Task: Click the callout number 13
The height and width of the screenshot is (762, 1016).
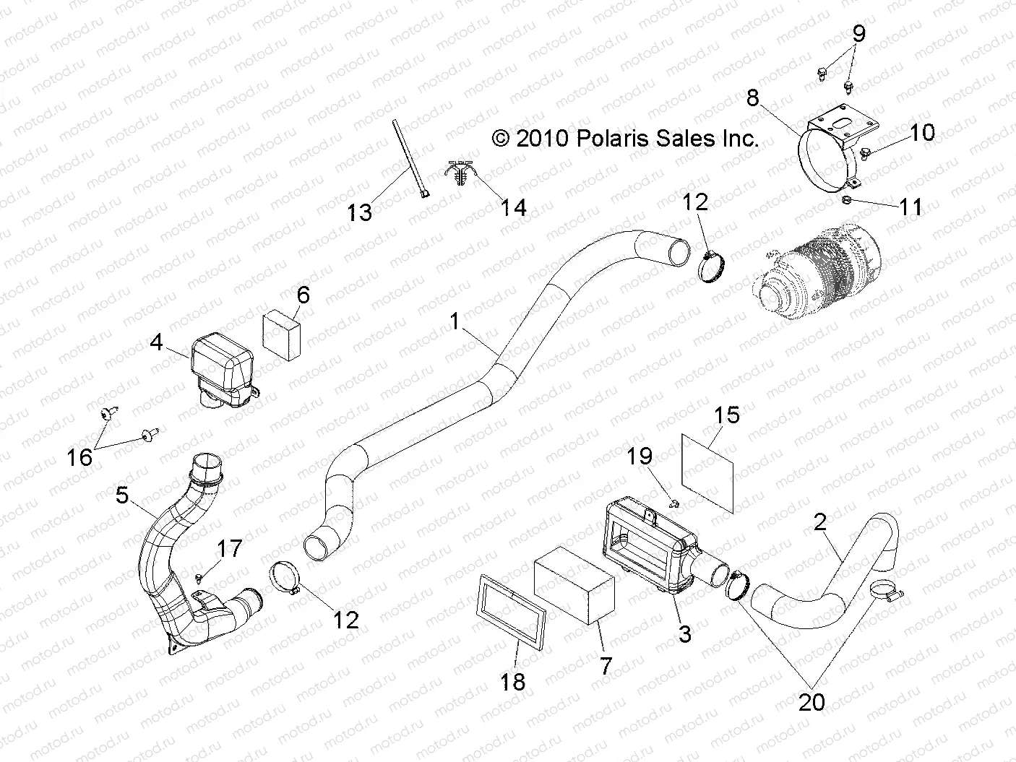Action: [x=359, y=212]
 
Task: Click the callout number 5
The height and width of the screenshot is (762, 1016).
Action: [x=122, y=495]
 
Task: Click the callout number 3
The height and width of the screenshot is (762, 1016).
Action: [x=684, y=634]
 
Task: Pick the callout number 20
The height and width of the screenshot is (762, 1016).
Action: [x=811, y=701]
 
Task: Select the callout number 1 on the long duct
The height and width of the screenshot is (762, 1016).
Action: [x=455, y=322]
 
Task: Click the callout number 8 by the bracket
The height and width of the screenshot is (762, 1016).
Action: [x=753, y=97]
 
